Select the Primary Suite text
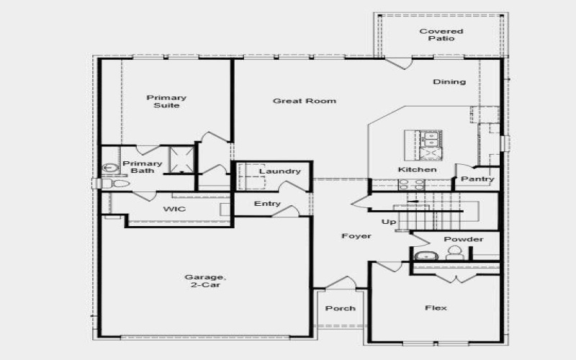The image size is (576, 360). point(166,102)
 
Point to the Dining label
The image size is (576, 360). point(449,82)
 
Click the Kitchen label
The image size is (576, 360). point(418,170)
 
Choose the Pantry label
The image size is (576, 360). point(477,179)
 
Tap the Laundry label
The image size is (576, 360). point(279,171)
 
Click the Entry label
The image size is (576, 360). point(267,204)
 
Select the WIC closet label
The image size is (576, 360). point(175,209)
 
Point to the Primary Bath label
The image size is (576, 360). point(143,167)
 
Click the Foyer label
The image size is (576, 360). point(356,236)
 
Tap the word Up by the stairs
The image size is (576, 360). point(389,222)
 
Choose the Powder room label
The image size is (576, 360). point(464,239)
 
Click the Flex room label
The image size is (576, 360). point(436,308)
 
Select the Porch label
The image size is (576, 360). point(341,309)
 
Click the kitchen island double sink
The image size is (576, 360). point(432,137)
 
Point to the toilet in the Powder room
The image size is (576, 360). point(454,253)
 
